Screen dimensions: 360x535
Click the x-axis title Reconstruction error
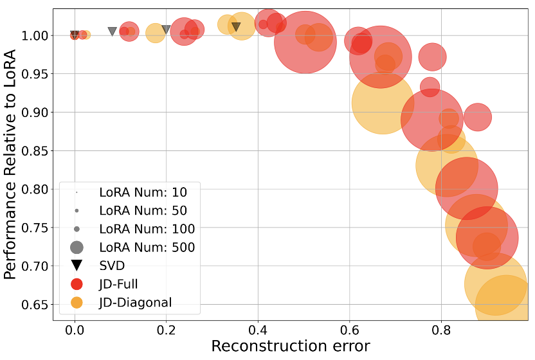click(291, 346)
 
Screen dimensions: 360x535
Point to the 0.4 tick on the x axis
click(258, 321)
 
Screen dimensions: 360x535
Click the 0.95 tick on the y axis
click(53, 73)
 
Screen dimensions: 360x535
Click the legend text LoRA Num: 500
click(147, 247)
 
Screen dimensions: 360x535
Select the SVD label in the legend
click(112, 265)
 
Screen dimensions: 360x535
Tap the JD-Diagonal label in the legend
click(136, 302)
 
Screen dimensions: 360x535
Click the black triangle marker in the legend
click(77, 265)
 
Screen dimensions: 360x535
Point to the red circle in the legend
click(77, 283)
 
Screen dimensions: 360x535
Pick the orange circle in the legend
click(77, 302)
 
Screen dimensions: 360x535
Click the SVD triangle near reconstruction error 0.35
click(236, 27)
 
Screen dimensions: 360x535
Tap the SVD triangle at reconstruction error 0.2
click(166, 30)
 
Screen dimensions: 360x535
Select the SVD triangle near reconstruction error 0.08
click(112, 32)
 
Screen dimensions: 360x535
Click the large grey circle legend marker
click(77, 247)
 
